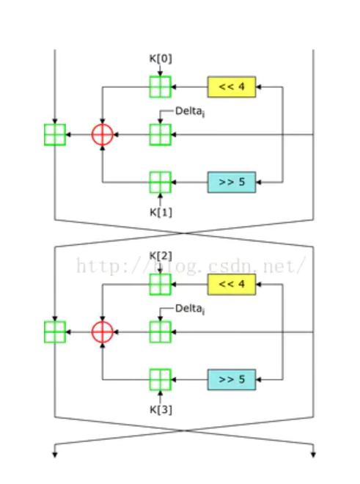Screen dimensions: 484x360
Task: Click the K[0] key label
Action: tap(160, 58)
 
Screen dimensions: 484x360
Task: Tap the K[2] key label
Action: tap(160, 255)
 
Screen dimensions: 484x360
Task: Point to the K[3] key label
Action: tap(160, 408)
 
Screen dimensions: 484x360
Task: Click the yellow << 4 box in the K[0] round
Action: tap(232, 87)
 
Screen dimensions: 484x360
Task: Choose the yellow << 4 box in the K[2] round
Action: tap(232, 284)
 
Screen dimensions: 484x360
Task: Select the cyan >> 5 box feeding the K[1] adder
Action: tap(232, 182)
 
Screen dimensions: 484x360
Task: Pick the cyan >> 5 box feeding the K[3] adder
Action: tap(232, 380)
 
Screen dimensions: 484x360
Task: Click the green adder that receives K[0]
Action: tap(160, 87)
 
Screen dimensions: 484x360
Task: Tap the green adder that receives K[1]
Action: tap(160, 182)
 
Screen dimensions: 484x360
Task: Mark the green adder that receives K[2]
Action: tap(160, 284)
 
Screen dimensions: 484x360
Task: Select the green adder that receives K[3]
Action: tap(160, 380)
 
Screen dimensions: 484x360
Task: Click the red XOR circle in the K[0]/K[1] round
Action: tap(103, 135)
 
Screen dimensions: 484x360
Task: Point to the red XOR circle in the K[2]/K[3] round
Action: tap(103, 332)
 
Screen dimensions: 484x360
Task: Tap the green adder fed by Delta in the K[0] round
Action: tap(160, 135)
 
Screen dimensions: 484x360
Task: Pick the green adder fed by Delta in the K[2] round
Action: tap(160, 332)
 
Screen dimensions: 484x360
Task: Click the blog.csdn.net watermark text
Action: tap(191, 265)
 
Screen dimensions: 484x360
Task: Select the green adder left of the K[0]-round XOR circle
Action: tap(55, 135)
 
